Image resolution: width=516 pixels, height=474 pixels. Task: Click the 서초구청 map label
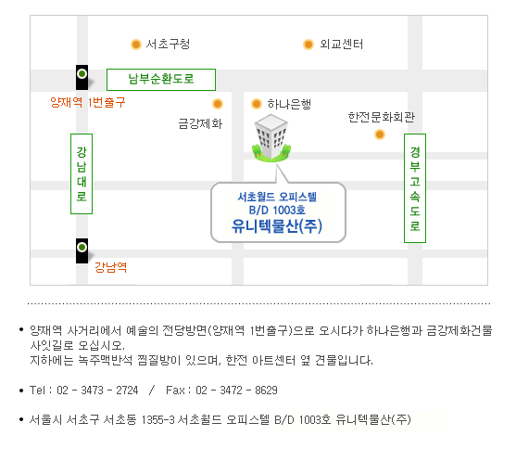pos(168,44)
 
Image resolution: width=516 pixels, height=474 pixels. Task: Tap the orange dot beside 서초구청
pos(136,45)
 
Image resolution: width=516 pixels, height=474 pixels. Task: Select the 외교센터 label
pos(341,44)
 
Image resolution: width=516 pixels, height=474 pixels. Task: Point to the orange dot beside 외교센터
pos(308,45)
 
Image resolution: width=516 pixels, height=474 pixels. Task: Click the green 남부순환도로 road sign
pos(161,80)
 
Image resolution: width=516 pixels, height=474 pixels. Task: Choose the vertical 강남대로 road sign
pos(82,173)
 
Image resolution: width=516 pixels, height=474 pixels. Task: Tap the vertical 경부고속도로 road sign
pos(415,188)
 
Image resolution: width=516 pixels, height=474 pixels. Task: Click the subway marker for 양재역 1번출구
pos(82,77)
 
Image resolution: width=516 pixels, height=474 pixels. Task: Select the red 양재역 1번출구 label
pos(87,102)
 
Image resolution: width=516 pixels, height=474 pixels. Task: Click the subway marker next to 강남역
pos(82,250)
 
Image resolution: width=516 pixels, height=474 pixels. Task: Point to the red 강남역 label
pos(110,267)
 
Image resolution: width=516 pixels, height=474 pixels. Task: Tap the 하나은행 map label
pos(289,104)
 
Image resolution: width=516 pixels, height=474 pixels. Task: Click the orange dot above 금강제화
pos(218,104)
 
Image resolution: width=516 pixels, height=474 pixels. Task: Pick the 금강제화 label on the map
pos(200,123)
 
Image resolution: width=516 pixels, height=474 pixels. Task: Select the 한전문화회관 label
pos(382,117)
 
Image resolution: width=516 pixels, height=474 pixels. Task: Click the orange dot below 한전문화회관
pos(380,135)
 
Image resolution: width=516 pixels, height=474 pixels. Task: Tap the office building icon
pos(271,138)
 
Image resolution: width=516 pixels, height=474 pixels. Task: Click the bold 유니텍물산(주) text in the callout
pos(277,226)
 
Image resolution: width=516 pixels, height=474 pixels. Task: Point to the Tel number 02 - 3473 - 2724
pos(97,390)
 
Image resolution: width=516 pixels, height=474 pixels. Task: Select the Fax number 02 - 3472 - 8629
pos(236,390)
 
